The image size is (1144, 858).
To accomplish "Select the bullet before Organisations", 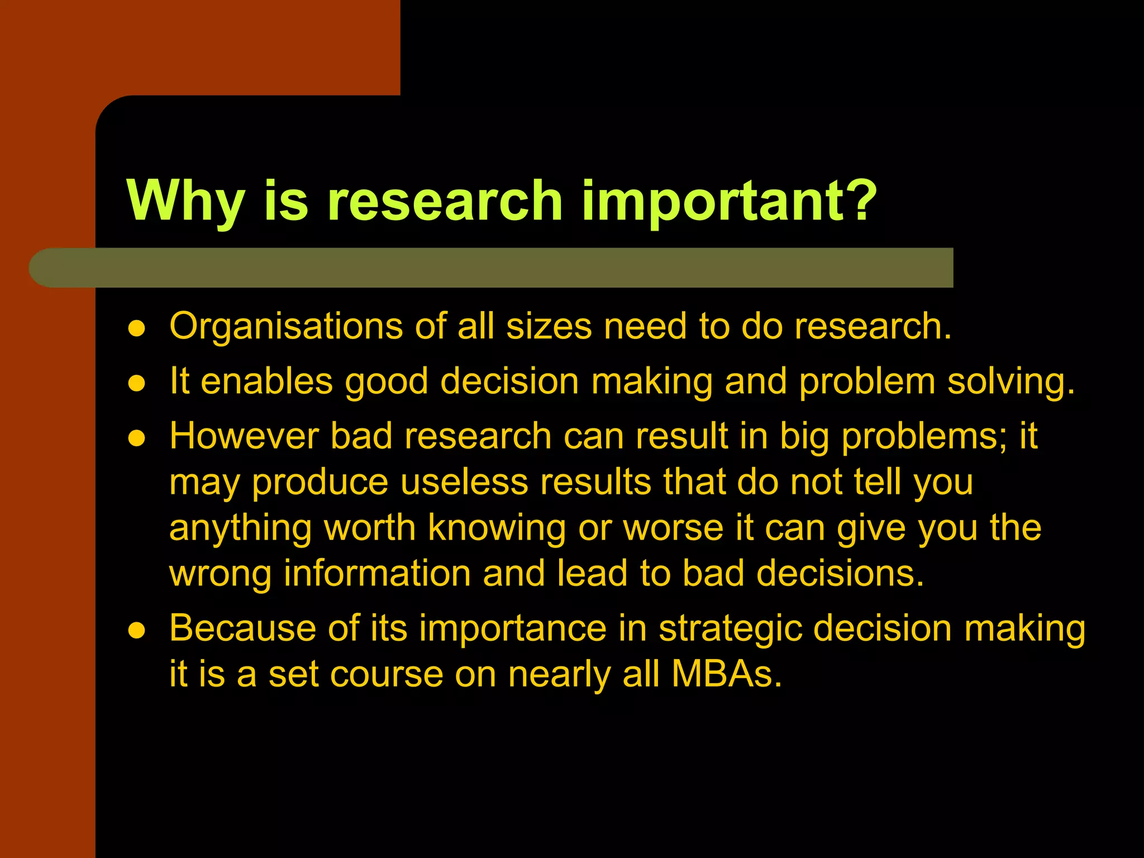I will (137, 328).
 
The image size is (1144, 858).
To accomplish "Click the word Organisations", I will (286, 327).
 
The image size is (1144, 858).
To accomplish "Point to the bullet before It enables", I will (137, 384).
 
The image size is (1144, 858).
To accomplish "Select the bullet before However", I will (137, 438).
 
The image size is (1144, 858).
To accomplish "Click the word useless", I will (464, 482).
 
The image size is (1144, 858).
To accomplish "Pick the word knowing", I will (497, 528).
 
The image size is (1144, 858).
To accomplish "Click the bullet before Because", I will (137, 631).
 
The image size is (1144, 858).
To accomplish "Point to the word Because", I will (242, 628).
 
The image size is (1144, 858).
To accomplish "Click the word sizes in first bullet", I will (549, 327).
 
